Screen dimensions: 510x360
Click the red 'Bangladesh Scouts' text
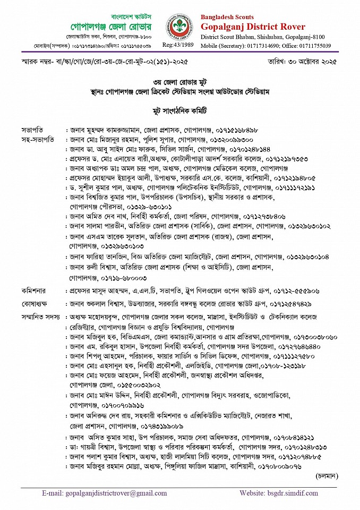pyautogui.click(x=227, y=18)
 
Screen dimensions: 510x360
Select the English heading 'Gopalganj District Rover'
pyautogui.click(x=253, y=27)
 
